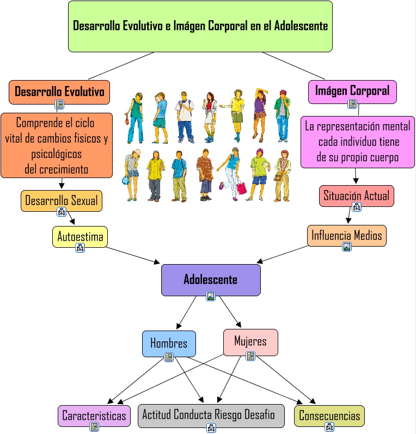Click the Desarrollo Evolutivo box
(x=59, y=92)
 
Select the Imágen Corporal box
(x=352, y=92)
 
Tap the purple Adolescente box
(x=211, y=280)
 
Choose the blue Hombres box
(x=169, y=344)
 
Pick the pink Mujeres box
(x=250, y=342)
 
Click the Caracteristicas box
(x=94, y=415)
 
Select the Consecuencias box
(x=329, y=415)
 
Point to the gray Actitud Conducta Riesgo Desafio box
(x=211, y=415)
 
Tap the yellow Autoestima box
(x=80, y=237)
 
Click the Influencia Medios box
(x=347, y=236)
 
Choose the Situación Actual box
(x=357, y=196)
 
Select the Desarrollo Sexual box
(x=62, y=201)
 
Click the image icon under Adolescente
(x=211, y=296)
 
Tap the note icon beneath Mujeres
(x=250, y=356)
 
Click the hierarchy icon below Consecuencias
(x=329, y=427)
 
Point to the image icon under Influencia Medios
(x=347, y=247)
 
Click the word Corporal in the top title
(x=228, y=26)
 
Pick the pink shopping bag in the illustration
(x=241, y=187)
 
